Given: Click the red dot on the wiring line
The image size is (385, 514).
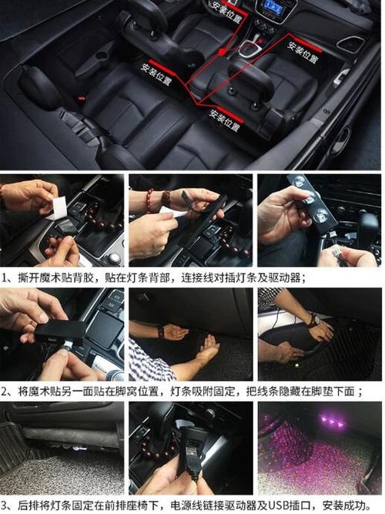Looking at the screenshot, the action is (223, 52).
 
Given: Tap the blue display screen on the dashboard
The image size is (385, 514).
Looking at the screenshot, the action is (270, 5).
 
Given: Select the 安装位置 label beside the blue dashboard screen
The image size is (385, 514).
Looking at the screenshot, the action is (226, 12).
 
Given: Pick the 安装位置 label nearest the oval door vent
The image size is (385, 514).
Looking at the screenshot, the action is (303, 52).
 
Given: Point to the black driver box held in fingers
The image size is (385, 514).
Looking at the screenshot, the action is (60, 331).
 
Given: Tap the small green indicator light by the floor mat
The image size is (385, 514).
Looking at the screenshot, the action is (296, 365).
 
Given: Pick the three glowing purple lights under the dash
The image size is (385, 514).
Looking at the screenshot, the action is (332, 420).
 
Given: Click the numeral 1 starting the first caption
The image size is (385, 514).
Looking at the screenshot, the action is (5, 278).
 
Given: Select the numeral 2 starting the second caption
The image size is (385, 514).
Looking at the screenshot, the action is (5, 391).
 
